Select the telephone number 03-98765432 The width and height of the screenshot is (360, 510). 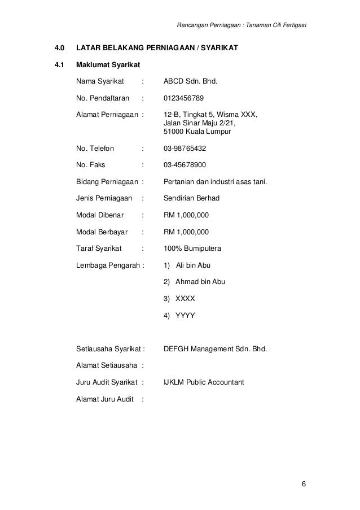185,150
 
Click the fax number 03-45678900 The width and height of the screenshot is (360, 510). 185,165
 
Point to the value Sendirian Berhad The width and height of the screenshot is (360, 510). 191,198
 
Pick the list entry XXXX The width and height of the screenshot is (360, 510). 186,299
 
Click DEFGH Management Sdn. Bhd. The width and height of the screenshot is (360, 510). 215,348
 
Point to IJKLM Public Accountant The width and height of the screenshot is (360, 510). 203,382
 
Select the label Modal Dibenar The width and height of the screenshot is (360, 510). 101,215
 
